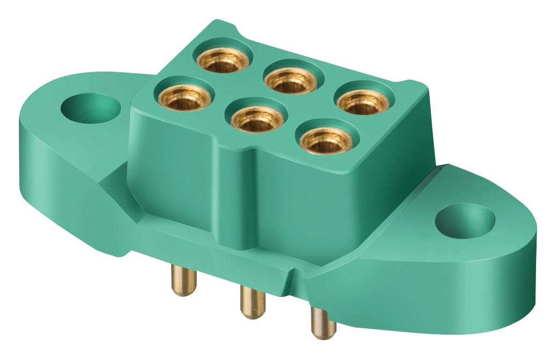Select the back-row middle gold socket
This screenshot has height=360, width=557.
(x=290, y=80)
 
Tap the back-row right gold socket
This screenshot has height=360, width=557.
(x=362, y=103)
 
